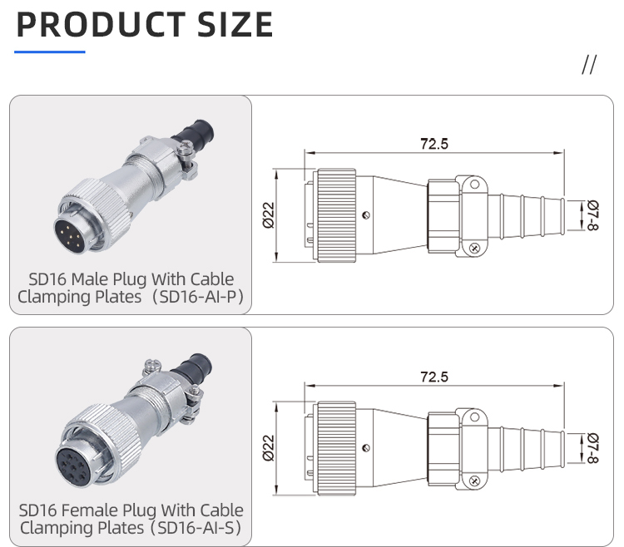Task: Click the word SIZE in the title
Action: [235, 25]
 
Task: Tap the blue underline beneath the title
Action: [50, 52]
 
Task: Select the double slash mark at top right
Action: [589, 66]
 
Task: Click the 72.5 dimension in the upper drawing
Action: [433, 144]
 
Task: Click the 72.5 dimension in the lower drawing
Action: [433, 377]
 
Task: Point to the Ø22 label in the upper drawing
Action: [269, 214]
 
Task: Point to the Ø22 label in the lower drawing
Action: [269, 446]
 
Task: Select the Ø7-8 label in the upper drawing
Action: [592, 215]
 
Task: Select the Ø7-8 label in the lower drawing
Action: [592, 448]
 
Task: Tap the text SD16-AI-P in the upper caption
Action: [201, 297]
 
